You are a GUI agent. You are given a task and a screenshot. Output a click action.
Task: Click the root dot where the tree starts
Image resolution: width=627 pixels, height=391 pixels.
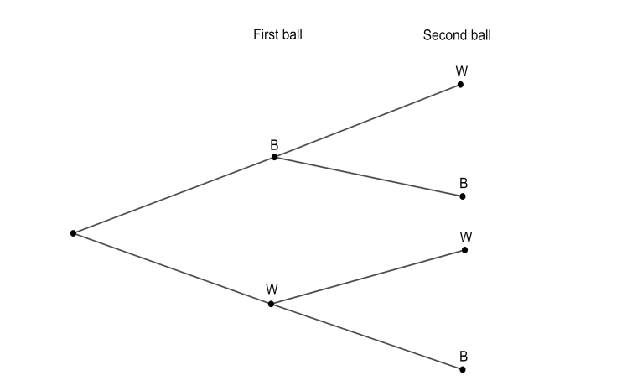[74, 232]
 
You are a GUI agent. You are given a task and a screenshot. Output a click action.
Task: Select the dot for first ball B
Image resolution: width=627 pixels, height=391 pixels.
[274, 157]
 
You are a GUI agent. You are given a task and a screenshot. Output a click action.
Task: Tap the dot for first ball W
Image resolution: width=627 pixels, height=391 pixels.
[271, 304]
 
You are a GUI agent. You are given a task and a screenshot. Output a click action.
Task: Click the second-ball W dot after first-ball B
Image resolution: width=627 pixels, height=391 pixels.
[461, 85]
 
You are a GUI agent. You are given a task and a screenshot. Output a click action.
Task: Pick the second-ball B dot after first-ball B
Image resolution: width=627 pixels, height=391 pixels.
[463, 196]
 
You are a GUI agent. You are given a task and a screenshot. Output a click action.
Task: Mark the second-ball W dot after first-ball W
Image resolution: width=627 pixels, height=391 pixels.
[464, 250]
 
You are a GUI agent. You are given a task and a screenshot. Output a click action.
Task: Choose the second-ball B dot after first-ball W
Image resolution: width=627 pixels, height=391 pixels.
[463, 369]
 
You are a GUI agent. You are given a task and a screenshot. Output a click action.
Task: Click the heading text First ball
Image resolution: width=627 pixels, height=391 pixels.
[277, 35]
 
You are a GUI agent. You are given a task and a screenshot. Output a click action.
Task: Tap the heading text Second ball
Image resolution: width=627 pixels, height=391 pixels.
[457, 35]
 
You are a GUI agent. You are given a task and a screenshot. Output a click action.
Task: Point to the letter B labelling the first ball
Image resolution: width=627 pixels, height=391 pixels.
[274, 144]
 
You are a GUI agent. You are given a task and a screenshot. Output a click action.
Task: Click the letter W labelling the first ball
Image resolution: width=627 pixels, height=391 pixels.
[272, 289]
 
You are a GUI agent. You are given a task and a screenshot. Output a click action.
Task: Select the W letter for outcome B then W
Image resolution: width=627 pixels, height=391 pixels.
[462, 71]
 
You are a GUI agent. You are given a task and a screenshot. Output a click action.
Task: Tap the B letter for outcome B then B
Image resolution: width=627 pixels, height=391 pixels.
[464, 183]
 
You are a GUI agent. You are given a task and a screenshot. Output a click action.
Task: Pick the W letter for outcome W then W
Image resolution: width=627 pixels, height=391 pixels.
[466, 237]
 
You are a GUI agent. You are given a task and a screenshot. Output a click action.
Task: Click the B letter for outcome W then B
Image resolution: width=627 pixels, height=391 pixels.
[464, 356]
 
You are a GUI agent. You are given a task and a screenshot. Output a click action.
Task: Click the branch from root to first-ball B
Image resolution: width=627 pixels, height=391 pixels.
[174, 195]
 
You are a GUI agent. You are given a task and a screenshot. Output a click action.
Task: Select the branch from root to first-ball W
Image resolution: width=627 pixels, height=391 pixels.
[172, 268]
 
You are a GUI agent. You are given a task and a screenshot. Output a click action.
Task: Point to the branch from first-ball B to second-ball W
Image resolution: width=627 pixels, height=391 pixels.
[367, 121]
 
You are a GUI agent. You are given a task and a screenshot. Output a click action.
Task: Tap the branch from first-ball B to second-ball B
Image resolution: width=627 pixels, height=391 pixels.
[369, 177]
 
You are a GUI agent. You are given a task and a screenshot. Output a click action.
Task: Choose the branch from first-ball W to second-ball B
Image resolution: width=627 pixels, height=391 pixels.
[366, 336]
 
